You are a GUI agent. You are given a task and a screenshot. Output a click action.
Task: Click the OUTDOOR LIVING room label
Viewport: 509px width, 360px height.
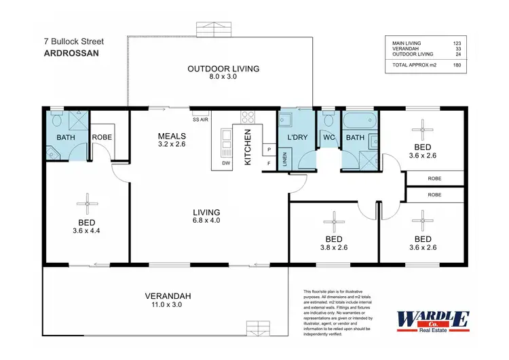point(214,69)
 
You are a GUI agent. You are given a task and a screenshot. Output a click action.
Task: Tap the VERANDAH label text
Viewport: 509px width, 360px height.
point(168,295)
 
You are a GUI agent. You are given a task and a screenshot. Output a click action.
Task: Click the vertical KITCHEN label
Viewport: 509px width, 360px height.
point(248,147)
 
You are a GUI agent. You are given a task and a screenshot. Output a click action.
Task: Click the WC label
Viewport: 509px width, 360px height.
point(330,137)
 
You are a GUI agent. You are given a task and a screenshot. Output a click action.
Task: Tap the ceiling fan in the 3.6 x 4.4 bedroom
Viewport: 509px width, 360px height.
point(87,201)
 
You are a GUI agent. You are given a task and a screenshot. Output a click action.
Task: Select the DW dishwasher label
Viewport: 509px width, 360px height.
point(225,163)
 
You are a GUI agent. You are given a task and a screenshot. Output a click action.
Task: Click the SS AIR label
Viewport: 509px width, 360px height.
point(200,120)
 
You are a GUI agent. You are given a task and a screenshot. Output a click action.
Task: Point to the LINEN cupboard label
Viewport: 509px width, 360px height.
point(284,161)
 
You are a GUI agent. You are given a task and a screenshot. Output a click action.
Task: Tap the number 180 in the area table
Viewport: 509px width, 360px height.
point(457,65)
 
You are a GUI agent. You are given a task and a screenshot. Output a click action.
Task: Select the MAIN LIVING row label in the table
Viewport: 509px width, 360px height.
point(407,43)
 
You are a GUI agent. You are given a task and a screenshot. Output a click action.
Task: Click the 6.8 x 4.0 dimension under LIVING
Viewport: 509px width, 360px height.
point(207,220)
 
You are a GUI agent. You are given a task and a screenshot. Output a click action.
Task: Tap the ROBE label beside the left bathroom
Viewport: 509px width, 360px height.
point(102,137)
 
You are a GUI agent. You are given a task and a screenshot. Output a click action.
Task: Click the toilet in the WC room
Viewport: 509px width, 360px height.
point(329,121)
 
